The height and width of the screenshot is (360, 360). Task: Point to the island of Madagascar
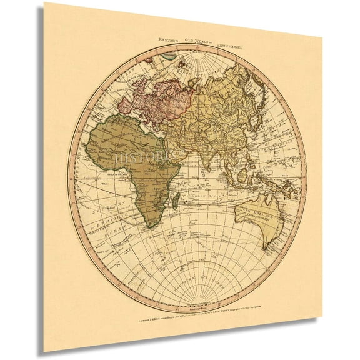(x=177, y=201)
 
